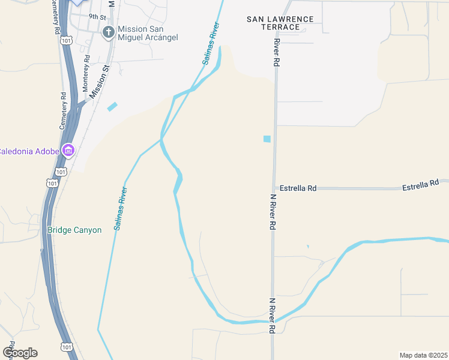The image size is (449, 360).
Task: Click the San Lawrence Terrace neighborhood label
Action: pyautogui.click(x=280, y=23)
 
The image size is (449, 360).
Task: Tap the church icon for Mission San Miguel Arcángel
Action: pyautogui.click(x=109, y=32)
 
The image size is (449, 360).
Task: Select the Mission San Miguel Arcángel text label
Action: pyautogui.click(x=148, y=33)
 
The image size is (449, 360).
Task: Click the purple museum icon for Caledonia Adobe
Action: pyautogui.click(x=68, y=150)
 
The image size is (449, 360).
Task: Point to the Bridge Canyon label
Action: pyautogui.click(x=74, y=230)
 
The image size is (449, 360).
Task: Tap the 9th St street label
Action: pyautogui.click(x=97, y=17)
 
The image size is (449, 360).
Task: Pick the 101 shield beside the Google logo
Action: pyautogui.click(x=65, y=347)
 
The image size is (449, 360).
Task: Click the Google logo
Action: pyautogui.click(x=20, y=352)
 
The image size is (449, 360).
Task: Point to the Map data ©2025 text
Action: pyautogui.click(x=423, y=355)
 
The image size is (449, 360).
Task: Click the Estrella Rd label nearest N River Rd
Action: pyautogui.click(x=298, y=188)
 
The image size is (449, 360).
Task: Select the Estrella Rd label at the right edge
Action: pyautogui.click(x=421, y=186)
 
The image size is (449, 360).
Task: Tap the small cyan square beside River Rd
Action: pyautogui.click(x=267, y=139)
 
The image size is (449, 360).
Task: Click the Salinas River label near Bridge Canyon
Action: pyautogui.click(x=120, y=208)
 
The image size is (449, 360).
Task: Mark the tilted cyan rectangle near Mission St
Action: pyautogui.click(x=112, y=107)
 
